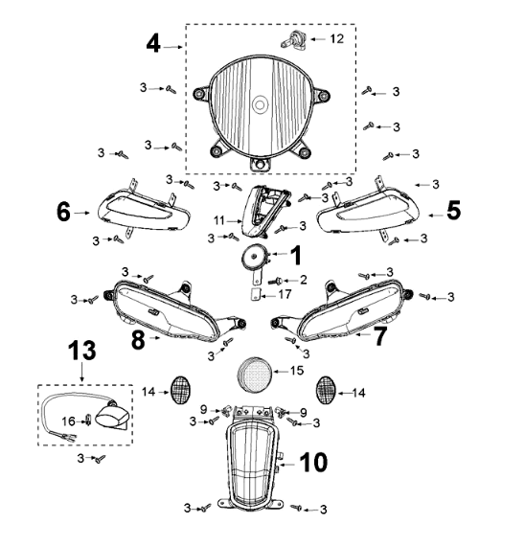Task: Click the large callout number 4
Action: point(153,44)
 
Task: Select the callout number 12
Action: point(336,38)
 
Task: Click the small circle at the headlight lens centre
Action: point(260,104)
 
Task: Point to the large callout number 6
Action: point(63,212)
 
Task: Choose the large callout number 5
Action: point(453,211)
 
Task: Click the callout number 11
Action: point(219,220)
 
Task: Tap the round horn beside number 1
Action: point(256,257)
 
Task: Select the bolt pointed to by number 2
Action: point(275,281)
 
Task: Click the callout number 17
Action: point(285,295)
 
